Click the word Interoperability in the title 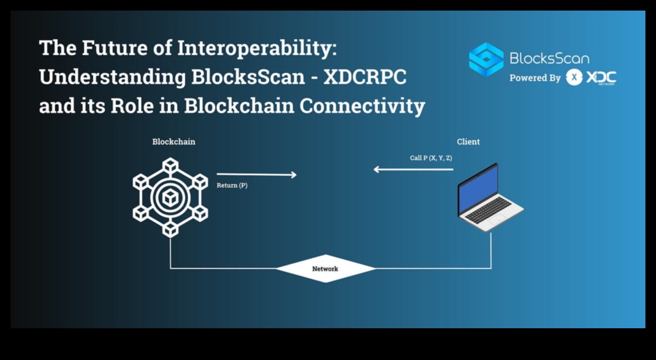(256, 49)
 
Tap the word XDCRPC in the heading (365, 77)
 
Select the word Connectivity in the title (362, 106)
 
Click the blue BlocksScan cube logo (486, 59)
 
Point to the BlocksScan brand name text (549, 58)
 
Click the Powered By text (534, 78)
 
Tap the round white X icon (573, 78)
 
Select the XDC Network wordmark (601, 78)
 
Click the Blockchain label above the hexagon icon (174, 142)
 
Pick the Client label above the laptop (468, 142)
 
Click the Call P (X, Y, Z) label (431, 158)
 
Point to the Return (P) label (232, 186)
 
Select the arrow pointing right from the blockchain (257, 174)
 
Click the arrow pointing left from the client (413, 169)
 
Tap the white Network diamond (325, 268)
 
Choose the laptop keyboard (488, 210)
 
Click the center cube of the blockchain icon (170, 198)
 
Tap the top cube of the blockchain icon (170, 166)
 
